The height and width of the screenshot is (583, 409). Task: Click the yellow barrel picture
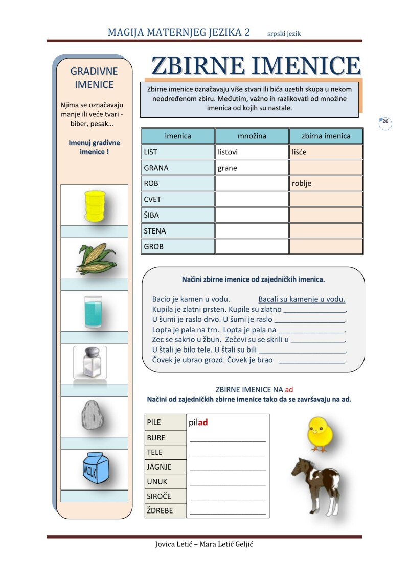point(94,205)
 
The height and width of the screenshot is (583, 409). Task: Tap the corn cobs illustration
point(96,259)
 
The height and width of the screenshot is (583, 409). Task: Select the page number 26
point(385,122)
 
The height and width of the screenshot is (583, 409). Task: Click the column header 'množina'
point(252,136)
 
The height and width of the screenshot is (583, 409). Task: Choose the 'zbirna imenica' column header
point(326,136)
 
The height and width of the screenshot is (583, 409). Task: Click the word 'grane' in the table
point(228,168)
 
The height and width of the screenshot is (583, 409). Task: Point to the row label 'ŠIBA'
point(152,215)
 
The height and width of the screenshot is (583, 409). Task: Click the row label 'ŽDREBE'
point(160,510)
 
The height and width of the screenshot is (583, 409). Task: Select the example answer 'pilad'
point(198,423)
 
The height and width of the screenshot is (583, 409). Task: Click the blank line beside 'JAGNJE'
point(228,467)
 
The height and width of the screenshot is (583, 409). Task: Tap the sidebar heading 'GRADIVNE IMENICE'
point(94,78)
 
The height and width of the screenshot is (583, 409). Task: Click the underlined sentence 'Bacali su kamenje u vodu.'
point(302,299)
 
